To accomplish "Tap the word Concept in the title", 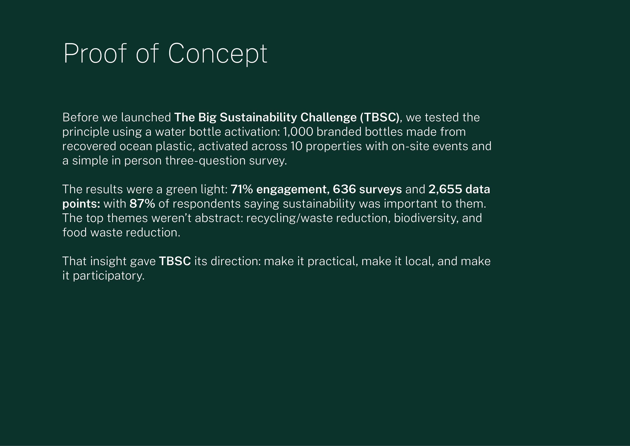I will pyautogui.click(x=217, y=54).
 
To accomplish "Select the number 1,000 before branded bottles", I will pyautogui.click(x=298, y=132).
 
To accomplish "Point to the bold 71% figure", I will pyautogui.click(x=241, y=189).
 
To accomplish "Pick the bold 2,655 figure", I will pyautogui.click(x=445, y=189).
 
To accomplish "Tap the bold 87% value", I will pyautogui.click(x=142, y=204).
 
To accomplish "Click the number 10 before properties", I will pyautogui.click(x=296, y=146).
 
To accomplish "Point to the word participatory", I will pyautogui.click(x=108, y=276).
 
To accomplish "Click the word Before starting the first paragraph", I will pyautogui.click(x=80, y=118).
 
